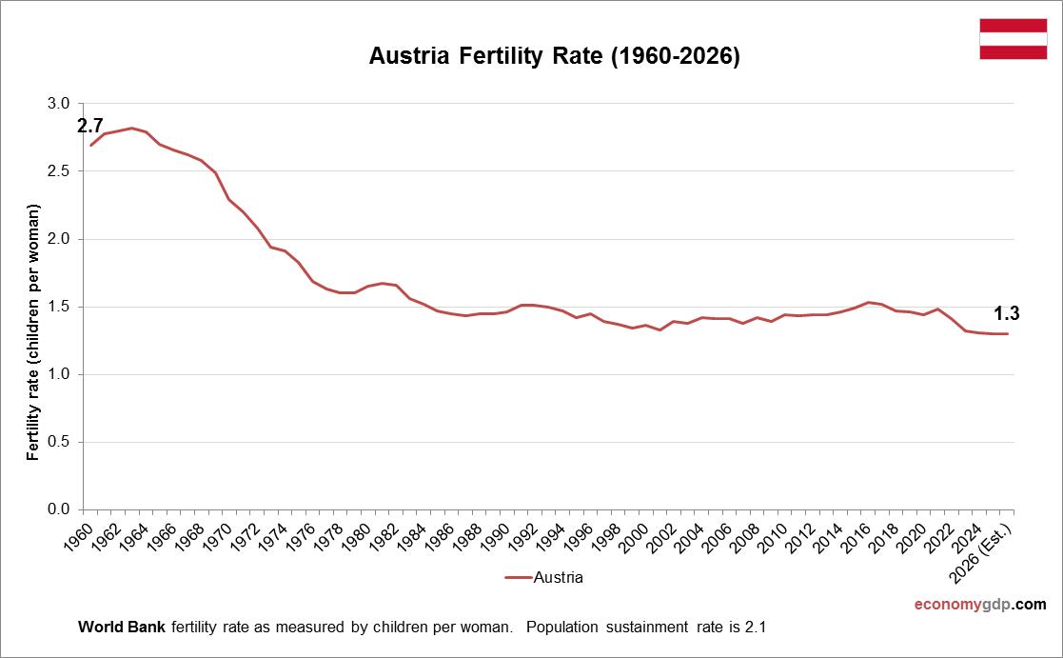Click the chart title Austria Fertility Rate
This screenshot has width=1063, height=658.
(554, 57)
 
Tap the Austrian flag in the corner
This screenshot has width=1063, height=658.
(1013, 39)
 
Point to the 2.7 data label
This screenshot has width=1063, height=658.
(89, 126)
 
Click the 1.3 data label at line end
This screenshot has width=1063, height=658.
(1007, 312)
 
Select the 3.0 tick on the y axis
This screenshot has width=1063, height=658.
(59, 103)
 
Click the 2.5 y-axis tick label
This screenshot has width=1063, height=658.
(59, 171)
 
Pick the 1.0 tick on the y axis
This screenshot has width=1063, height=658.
(59, 374)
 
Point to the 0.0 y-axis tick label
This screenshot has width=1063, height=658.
(59, 509)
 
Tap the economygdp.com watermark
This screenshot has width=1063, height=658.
(980, 605)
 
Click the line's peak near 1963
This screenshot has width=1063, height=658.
(131, 128)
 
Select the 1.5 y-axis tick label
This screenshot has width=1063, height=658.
(59, 307)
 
